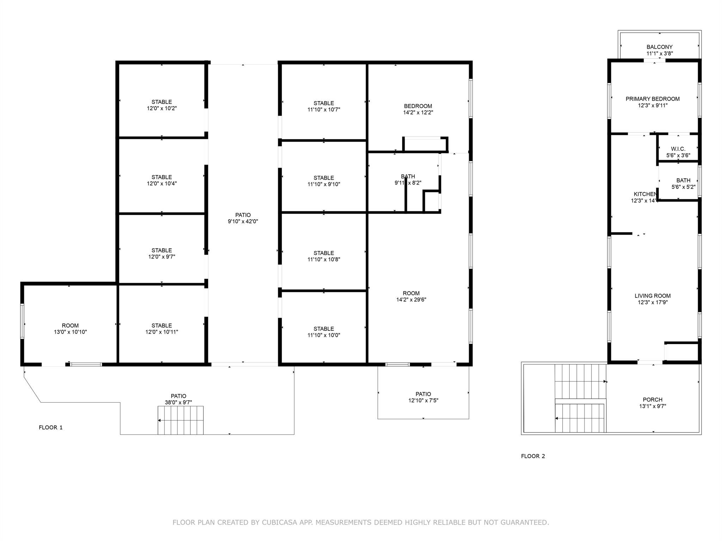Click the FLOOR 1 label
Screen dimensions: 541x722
click(50, 427)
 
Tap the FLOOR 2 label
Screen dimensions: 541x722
click(533, 456)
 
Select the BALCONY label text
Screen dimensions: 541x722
click(659, 47)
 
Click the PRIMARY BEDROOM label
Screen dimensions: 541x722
click(652, 99)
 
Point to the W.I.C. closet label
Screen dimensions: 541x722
click(678, 149)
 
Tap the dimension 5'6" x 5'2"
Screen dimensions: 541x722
click(683, 187)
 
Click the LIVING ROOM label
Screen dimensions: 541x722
click(652, 296)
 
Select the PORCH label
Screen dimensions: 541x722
click(652, 400)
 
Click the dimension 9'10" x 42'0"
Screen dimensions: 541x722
click(243, 222)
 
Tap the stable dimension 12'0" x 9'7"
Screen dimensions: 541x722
click(161, 257)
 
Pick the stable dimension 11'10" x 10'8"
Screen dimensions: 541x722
click(324, 260)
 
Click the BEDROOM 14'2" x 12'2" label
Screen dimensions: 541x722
click(418, 106)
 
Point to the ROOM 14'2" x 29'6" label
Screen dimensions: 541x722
click(411, 293)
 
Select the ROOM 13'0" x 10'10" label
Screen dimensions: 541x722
click(70, 325)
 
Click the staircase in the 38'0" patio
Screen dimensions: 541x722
click(180, 420)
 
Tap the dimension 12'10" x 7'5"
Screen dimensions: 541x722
click(423, 400)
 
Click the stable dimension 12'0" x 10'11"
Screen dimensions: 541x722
click(161, 332)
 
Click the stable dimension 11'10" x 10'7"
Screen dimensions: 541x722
click(324, 110)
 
